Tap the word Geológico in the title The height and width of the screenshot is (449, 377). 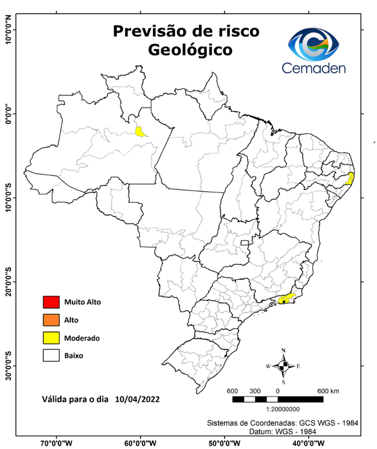190,50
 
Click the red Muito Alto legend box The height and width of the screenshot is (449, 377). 51,302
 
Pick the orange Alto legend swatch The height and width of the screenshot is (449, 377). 51,320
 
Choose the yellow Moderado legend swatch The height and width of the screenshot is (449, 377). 51,338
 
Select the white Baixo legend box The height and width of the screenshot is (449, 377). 51,355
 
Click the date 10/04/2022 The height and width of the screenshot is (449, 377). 137,399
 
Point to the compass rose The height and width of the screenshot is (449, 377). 283,366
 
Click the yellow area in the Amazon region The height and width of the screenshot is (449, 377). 140,132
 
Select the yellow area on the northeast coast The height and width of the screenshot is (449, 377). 350,178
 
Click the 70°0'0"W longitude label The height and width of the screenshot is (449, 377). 57,443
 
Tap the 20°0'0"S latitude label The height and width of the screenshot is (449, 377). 8,281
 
